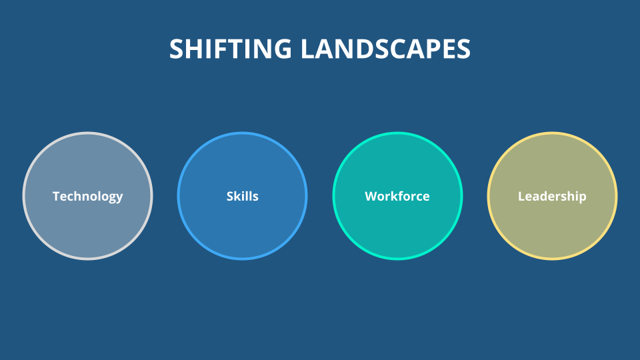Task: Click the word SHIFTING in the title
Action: pos(231,49)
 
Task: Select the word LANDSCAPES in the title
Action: pos(386,49)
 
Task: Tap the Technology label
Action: pos(88,197)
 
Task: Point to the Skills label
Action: pos(243,196)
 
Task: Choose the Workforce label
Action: pos(397,196)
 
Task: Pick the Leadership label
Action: pos(552,197)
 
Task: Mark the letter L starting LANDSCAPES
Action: pos(308,49)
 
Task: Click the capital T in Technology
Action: pos(57,196)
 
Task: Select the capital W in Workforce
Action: pos(372,196)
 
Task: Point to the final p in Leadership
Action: pos(582,198)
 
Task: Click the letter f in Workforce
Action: pos(403,196)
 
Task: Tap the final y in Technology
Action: pos(119,199)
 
